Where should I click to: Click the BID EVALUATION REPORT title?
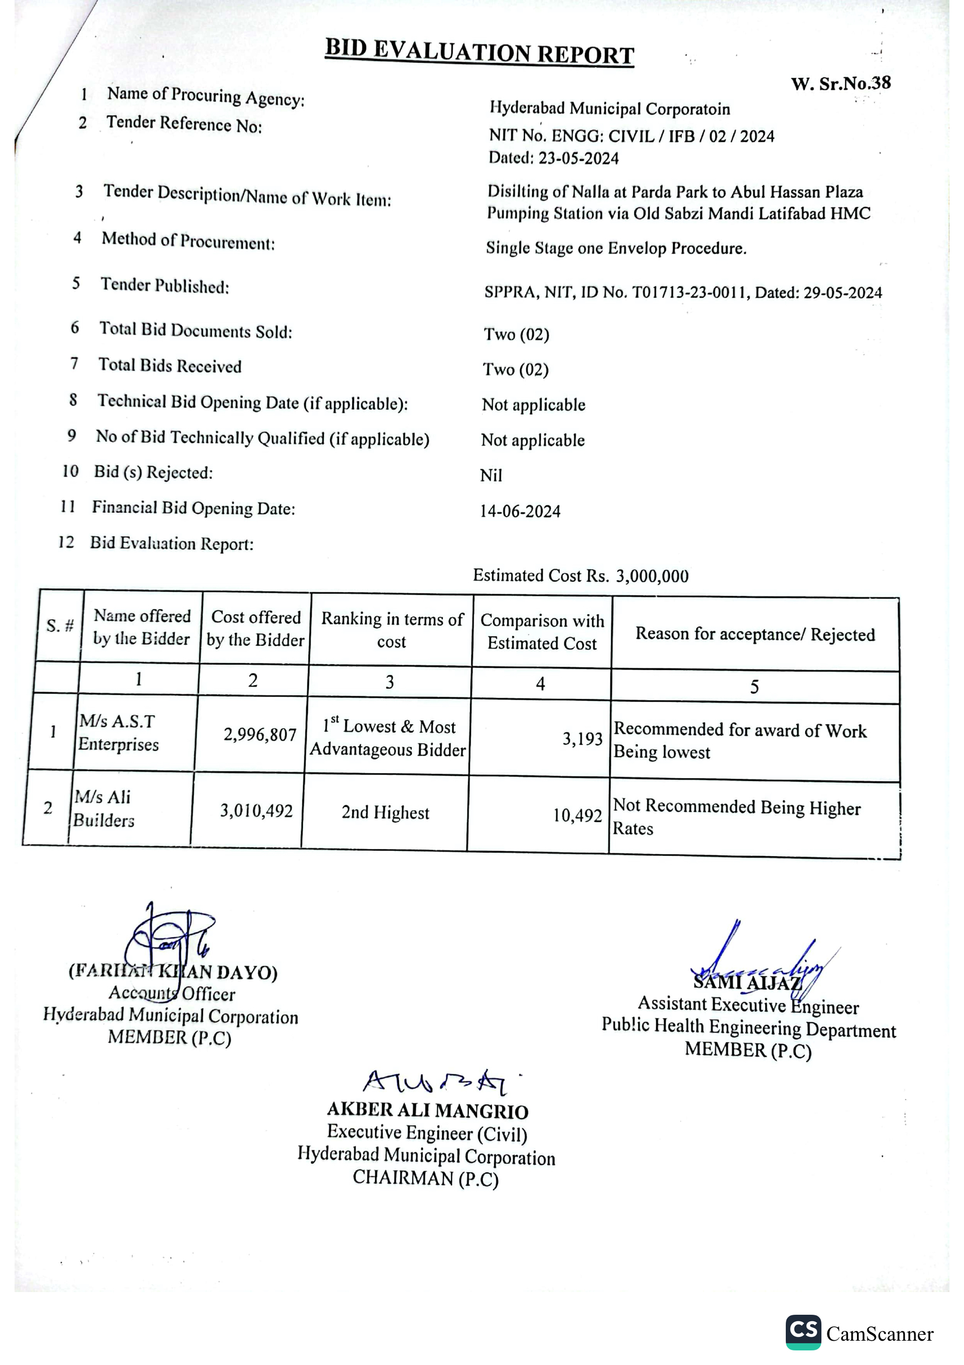click(x=479, y=51)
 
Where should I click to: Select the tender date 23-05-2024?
click(x=578, y=158)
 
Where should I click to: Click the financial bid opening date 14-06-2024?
click(x=520, y=511)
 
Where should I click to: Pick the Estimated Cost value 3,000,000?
click(x=652, y=576)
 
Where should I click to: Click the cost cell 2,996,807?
click(x=260, y=735)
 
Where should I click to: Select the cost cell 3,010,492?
click(x=256, y=811)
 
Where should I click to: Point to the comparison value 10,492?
click(x=577, y=815)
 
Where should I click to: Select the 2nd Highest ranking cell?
click(x=385, y=812)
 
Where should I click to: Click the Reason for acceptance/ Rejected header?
click(x=755, y=634)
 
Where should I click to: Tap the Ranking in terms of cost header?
click(x=392, y=630)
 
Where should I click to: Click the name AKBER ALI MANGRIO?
click(x=427, y=1110)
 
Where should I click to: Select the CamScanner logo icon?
click(x=803, y=1331)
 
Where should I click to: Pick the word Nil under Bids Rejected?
click(x=491, y=476)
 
